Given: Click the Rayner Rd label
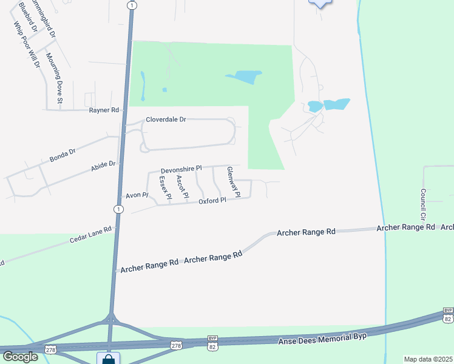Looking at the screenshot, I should [104, 110].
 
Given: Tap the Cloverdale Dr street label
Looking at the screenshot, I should [165, 120].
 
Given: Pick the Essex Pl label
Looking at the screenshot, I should [164, 188].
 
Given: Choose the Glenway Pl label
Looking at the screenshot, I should [233, 182].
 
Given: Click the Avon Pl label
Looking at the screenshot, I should [137, 195].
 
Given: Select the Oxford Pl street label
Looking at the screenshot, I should [212, 200].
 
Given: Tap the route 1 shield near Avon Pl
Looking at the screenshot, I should [118, 209].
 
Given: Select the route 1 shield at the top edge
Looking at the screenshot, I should [132, 5].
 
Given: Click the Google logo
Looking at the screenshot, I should [20, 356].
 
